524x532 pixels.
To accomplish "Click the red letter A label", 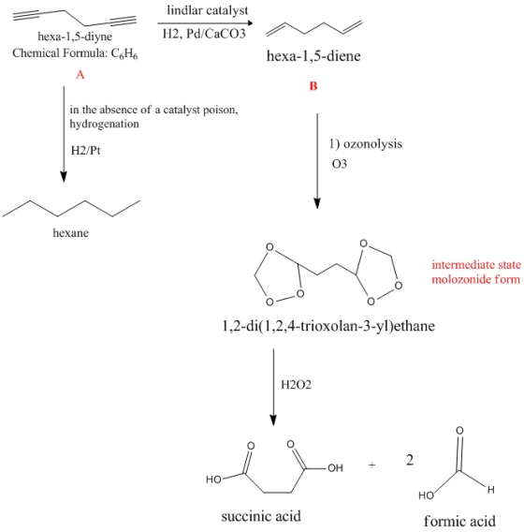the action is point(80,74).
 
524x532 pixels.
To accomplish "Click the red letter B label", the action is point(313,86).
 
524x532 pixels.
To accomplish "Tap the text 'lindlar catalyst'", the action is point(208,10).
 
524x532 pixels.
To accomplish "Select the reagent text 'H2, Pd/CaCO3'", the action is point(204,34).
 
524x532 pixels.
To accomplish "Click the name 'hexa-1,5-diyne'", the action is point(75,37).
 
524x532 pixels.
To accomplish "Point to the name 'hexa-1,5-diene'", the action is point(313,55).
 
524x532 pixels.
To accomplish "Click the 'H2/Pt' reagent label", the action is point(86,150).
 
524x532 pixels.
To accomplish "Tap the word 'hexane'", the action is point(71,232).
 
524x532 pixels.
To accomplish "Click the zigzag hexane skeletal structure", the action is point(71,208).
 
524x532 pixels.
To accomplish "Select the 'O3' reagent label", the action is point(340,164).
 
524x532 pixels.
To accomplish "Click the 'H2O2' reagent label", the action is point(296,385).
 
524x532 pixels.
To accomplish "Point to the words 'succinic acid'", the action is point(261,516).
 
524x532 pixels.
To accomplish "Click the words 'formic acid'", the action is point(459,521).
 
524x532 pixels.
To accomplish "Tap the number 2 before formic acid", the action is point(410,461).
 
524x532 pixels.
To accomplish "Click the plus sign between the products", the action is point(371,465).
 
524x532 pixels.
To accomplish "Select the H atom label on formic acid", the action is point(491,490).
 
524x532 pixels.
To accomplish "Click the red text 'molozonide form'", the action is point(476,279).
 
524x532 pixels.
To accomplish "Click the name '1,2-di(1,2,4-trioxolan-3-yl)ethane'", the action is point(328,326).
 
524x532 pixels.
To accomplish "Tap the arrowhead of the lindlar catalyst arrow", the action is point(250,23).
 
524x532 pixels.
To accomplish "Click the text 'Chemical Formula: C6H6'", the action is point(75,53).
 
